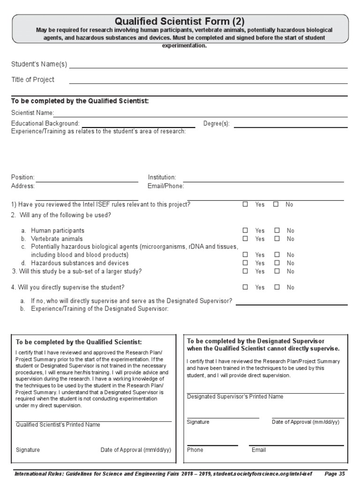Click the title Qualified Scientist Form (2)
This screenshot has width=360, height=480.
coord(180,21)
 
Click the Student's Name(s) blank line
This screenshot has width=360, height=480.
coord(208,67)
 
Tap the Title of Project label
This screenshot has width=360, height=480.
coord(33,80)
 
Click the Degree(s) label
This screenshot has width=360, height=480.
coord(216,124)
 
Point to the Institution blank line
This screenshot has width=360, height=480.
coord(263,181)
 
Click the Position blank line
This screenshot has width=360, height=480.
coord(87,181)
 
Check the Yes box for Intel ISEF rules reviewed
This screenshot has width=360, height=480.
coord(245,204)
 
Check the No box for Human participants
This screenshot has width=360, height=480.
coord(277,231)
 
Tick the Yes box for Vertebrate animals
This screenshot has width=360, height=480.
coord(245,239)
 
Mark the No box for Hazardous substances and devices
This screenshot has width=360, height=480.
coord(277,263)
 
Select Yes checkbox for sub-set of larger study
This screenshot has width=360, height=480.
coord(245,271)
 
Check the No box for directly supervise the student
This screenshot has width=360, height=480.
coord(277,287)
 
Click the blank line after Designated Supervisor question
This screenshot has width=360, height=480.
coord(291,304)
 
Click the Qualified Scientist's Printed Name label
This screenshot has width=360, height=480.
coord(58,425)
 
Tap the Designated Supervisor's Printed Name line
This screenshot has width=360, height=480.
coord(265,393)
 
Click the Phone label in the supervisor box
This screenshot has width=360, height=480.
coord(195,450)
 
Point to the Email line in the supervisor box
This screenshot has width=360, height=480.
coord(296,445)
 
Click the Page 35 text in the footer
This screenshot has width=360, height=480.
coord(335,474)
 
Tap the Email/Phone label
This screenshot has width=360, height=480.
coord(166,186)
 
